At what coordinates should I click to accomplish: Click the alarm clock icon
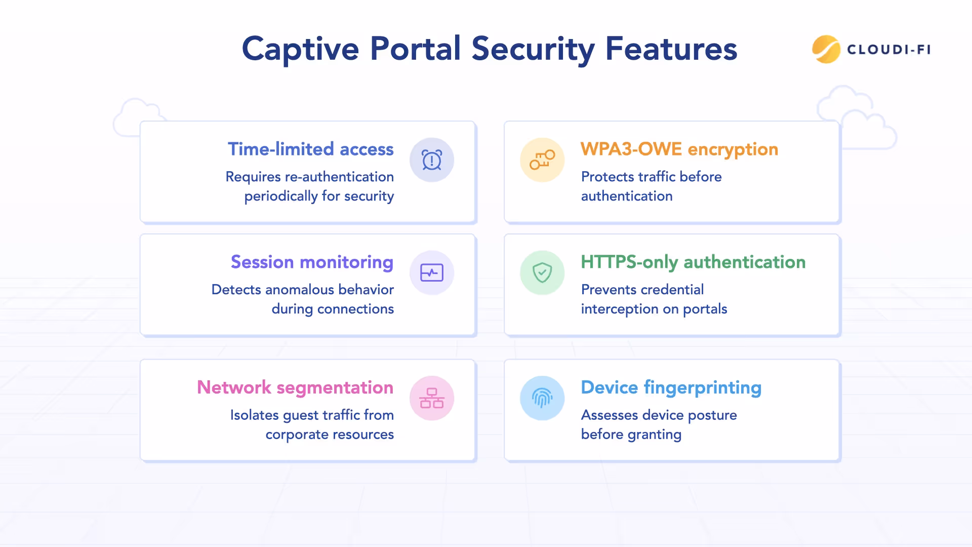pyautogui.click(x=432, y=160)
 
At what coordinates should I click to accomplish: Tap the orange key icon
pyautogui.click(x=542, y=160)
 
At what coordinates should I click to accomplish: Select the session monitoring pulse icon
pyautogui.click(x=432, y=273)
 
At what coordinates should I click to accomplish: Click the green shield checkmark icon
pyautogui.click(x=542, y=273)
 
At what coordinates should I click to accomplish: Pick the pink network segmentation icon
pyautogui.click(x=432, y=398)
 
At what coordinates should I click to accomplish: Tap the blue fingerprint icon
pyautogui.click(x=542, y=398)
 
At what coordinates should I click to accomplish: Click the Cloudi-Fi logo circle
pyautogui.click(x=826, y=49)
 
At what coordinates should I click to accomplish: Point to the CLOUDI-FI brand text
pyautogui.click(x=889, y=50)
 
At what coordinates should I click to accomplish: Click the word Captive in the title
pyautogui.click(x=300, y=49)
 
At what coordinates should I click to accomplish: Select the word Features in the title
pyautogui.click(x=671, y=49)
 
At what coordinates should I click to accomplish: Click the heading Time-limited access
pyautogui.click(x=310, y=149)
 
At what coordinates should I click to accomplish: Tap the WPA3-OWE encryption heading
pyautogui.click(x=679, y=149)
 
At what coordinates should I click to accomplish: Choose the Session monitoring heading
pyautogui.click(x=312, y=262)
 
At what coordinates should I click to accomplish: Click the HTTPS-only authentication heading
pyautogui.click(x=693, y=262)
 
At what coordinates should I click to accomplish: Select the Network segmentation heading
pyautogui.click(x=295, y=387)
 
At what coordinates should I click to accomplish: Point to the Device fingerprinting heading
pyautogui.click(x=671, y=387)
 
